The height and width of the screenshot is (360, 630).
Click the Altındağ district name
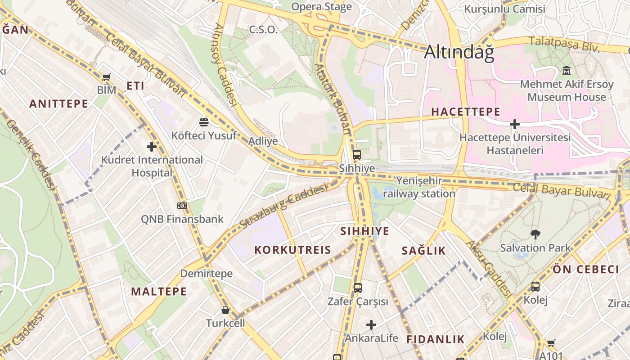pos(459,52)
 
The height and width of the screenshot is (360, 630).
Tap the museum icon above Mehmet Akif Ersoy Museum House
pos(566,71)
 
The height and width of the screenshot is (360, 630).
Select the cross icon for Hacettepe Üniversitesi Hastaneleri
pos(515,124)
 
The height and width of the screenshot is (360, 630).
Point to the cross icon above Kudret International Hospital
pos(152,147)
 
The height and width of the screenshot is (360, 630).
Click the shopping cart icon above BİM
pos(107,77)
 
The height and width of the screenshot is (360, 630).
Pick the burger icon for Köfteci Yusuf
pos(204,122)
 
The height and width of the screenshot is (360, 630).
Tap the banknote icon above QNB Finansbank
pos(182,206)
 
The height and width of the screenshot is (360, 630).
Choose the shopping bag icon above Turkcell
pos(225,310)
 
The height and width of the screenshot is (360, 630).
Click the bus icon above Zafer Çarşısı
pos(358,288)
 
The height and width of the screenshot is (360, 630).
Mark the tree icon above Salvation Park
pos(535,234)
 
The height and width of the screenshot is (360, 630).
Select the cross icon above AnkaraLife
pos(371,325)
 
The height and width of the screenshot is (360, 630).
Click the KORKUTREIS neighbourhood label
pos(292,250)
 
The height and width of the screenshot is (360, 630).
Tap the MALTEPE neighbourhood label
pos(159,292)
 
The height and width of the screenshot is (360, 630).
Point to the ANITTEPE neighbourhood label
pos(58,104)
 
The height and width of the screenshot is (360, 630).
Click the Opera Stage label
pos(321,7)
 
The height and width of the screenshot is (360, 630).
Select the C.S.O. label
pos(263,30)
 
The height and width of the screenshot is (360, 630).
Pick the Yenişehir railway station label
pos(419,187)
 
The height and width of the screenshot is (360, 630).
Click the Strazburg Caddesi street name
pos(283,205)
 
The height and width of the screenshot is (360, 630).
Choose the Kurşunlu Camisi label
pos(504,9)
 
